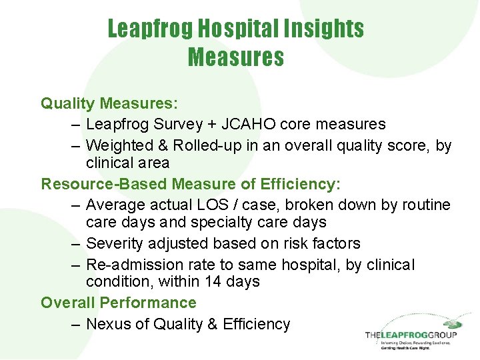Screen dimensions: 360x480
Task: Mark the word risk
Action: tap(285, 243)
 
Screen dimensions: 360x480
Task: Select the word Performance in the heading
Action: tap(148, 303)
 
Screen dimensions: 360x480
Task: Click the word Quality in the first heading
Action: tap(68, 103)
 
